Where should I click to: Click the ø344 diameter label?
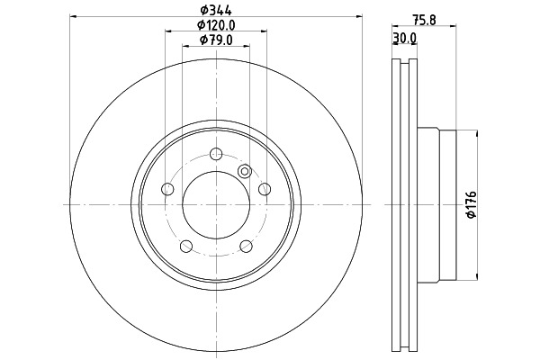[216, 10]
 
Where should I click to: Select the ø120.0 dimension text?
[216, 25]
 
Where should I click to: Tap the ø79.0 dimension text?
[216, 40]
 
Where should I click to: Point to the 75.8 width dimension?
[425, 21]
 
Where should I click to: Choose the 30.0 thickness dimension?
[405, 38]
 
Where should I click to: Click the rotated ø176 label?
[471, 204]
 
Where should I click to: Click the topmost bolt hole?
[216, 154]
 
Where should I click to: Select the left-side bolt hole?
[167, 189]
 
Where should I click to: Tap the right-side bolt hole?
[265, 189]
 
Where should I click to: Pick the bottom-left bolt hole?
[186, 246]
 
